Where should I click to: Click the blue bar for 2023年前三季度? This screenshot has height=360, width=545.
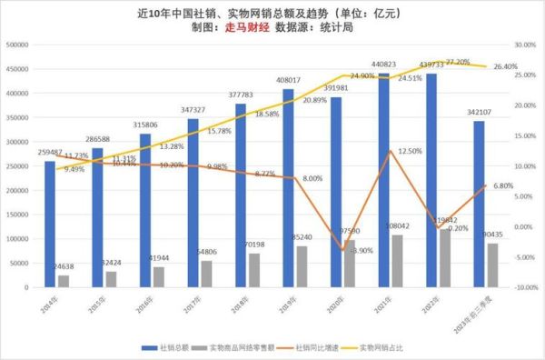478,204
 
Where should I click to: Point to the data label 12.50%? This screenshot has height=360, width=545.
411,151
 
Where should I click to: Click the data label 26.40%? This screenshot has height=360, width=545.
504,66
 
